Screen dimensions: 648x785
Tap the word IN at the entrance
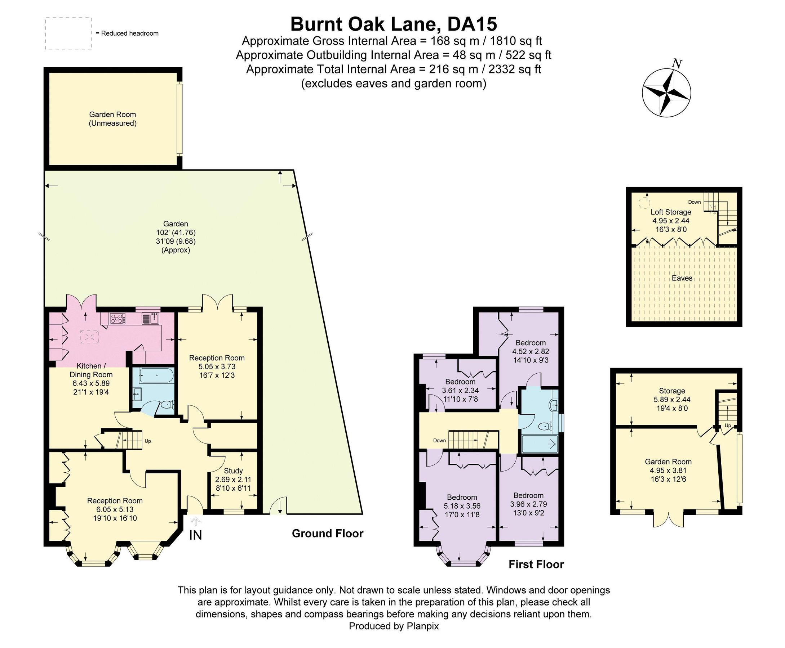click(195, 535)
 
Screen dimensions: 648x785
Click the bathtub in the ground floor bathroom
click(156, 375)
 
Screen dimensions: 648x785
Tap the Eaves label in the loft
click(682, 278)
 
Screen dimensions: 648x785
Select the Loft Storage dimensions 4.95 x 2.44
click(671, 221)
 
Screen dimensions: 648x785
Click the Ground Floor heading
click(327, 534)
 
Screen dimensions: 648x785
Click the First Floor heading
click(536, 564)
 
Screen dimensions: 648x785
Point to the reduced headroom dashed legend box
click(68, 33)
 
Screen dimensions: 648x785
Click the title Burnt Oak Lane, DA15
click(394, 24)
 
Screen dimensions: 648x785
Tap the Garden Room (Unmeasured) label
click(112, 119)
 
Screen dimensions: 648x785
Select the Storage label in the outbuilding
click(672, 391)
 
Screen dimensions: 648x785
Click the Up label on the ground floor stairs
click(147, 441)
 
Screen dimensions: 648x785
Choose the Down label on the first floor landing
click(439, 441)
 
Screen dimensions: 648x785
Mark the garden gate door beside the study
click(279, 506)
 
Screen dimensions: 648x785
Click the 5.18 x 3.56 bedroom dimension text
click(462, 506)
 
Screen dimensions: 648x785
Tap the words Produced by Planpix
click(394, 626)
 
